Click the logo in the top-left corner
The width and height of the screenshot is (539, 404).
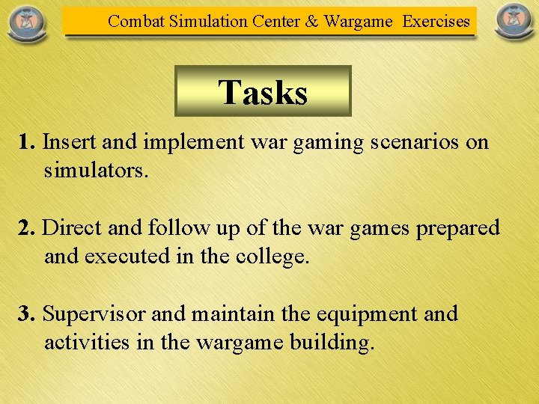point(25,22)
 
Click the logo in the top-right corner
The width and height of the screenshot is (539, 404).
point(514,22)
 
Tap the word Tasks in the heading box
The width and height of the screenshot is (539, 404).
point(263,93)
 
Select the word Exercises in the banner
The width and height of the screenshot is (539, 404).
point(436,21)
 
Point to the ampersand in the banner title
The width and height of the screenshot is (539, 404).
point(311,21)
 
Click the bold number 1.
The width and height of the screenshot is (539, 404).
point(26,142)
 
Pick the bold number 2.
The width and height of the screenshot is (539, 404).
point(26,228)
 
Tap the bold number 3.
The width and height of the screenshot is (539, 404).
point(26,314)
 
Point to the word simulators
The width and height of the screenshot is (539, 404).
point(96,171)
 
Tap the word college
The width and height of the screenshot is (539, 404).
point(269,257)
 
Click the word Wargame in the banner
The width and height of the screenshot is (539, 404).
point(359,22)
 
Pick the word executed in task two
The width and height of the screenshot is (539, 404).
point(127,257)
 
